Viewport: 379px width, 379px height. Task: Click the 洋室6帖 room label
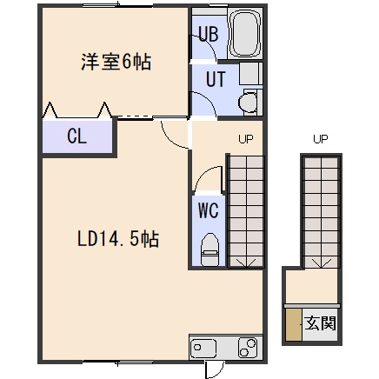pyautogui.click(x=116, y=62)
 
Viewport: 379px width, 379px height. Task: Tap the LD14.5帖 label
pyautogui.click(x=118, y=239)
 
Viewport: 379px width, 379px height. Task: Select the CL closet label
pyautogui.click(x=76, y=136)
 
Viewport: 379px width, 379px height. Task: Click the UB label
pyautogui.click(x=209, y=34)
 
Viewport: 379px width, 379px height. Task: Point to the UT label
pyautogui.click(x=216, y=79)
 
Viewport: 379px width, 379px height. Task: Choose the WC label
pyautogui.click(x=208, y=210)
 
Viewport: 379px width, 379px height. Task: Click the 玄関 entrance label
pyautogui.click(x=320, y=322)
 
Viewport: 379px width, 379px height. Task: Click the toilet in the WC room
pyautogui.click(x=209, y=249)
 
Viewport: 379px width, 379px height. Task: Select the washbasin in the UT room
pyautogui.click(x=249, y=102)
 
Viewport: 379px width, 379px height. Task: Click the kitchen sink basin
pyautogui.click(x=203, y=348)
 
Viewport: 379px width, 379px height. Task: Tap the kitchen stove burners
pyautogui.click(x=248, y=347)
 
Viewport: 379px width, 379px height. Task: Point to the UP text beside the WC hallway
pyautogui.click(x=246, y=139)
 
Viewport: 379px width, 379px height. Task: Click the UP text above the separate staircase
pyautogui.click(x=321, y=139)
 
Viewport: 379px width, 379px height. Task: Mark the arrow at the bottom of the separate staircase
pyautogui.click(x=321, y=263)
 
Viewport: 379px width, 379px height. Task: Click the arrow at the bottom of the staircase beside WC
pyautogui.click(x=246, y=263)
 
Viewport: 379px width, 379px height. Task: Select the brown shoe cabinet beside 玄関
pyautogui.click(x=294, y=324)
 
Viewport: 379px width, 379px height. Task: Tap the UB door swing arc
pyautogui.click(x=209, y=45)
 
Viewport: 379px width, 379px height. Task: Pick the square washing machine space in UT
pyautogui.click(x=250, y=74)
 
